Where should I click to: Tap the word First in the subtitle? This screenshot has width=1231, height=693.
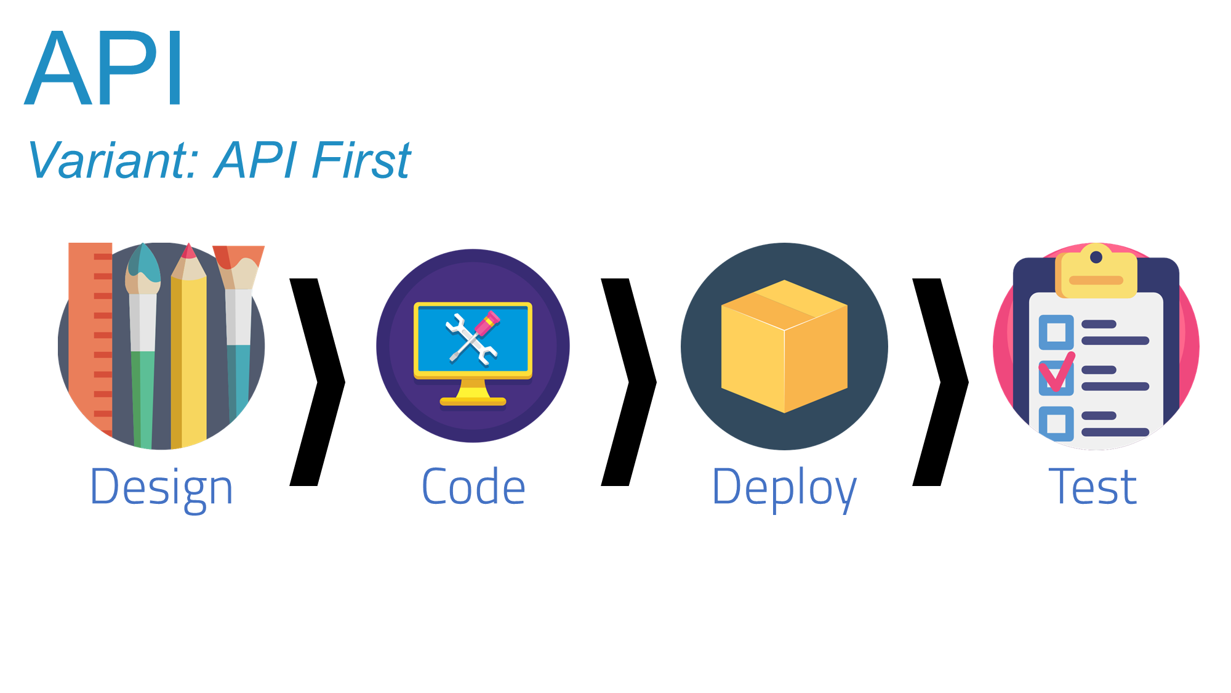click(x=361, y=161)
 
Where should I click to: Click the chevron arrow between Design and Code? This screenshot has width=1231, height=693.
click(x=318, y=382)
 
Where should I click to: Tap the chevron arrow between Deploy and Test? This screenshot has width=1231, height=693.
click(x=940, y=382)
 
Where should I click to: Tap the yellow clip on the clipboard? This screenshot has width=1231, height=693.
click(x=1096, y=274)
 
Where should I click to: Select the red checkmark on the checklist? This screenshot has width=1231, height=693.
click(x=1056, y=373)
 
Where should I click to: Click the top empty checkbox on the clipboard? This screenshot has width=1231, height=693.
click(x=1056, y=332)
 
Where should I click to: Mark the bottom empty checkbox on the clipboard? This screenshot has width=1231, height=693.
click(x=1056, y=423)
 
